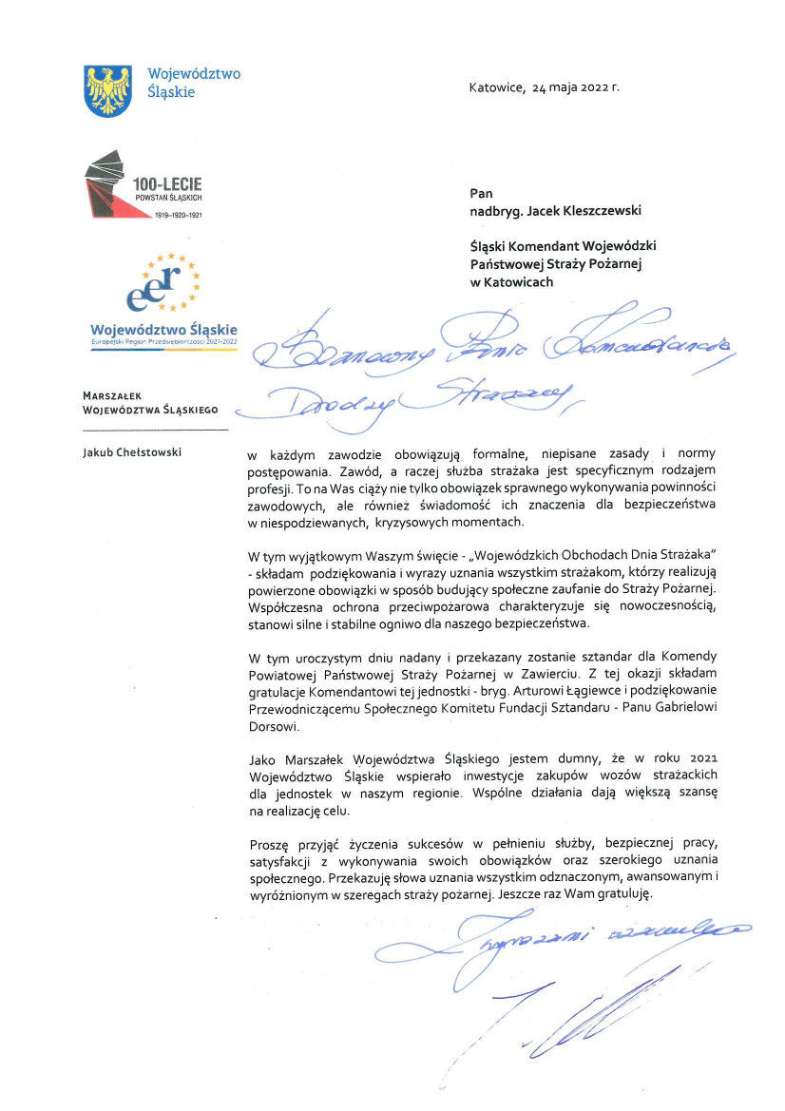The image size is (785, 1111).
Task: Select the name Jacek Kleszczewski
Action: click(x=588, y=210)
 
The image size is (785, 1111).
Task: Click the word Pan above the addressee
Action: click(x=481, y=193)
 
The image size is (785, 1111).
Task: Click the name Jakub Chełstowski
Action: click(x=133, y=450)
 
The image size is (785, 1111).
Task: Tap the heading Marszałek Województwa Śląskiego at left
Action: click(x=150, y=403)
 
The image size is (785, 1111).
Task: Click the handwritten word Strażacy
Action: click(x=494, y=397)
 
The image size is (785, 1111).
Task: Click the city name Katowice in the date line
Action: click(x=496, y=87)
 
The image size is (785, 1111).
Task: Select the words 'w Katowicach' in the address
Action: click(x=511, y=281)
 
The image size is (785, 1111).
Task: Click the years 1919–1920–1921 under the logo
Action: click(x=179, y=215)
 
